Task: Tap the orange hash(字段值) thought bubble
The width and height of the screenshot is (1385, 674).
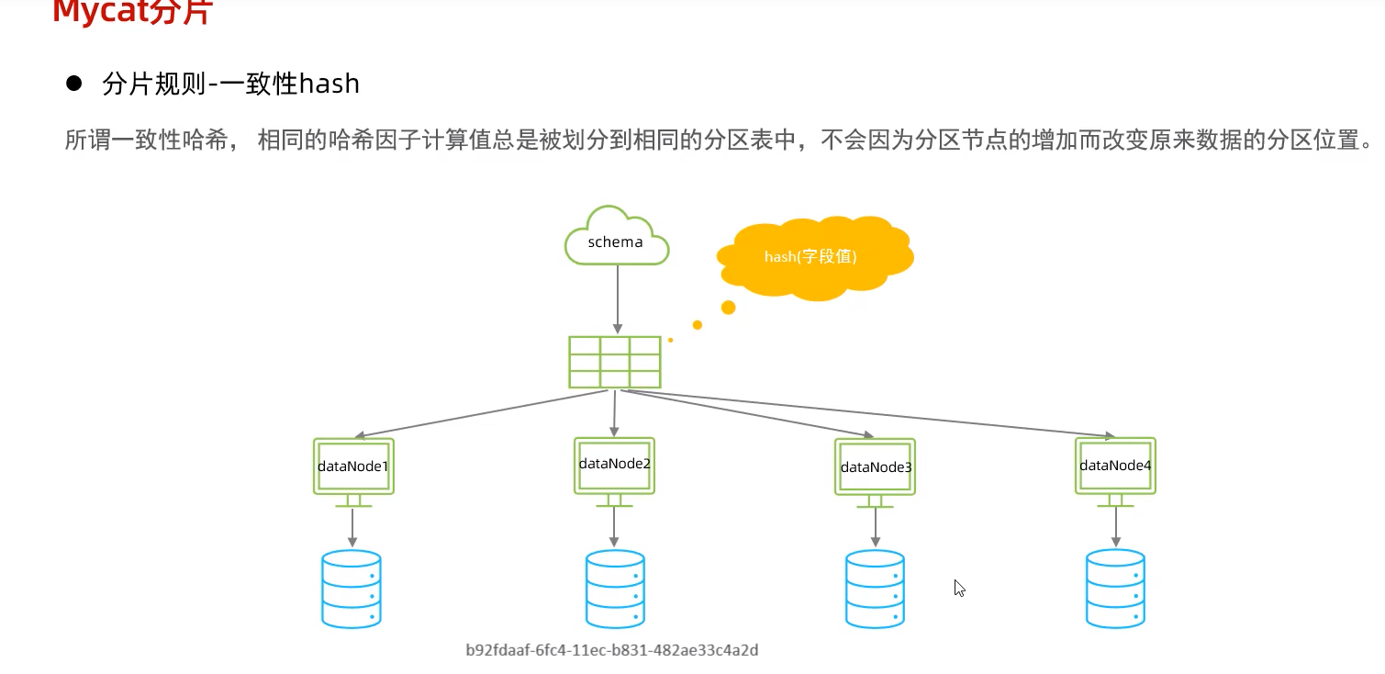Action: tap(813, 256)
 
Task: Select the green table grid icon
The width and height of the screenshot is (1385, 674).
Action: tap(615, 362)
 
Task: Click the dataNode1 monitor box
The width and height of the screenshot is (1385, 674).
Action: tap(353, 466)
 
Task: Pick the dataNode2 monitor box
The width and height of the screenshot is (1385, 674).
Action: tap(614, 464)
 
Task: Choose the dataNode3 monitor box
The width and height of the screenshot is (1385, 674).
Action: tap(876, 467)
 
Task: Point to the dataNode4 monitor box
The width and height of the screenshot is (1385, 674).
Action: tap(1115, 466)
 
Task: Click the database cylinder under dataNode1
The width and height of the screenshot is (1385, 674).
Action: tap(352, 589)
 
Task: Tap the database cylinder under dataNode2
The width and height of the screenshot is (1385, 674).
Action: tap(615, 589)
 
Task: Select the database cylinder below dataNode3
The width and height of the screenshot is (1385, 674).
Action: tap(875, 589)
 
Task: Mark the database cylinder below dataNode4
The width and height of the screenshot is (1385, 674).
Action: tap(1115, 589)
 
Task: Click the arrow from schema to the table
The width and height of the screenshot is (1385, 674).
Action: tap(617, 299)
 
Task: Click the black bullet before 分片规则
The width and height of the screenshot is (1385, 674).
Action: tap(74, 84)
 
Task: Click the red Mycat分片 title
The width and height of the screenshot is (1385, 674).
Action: tap(132, 13)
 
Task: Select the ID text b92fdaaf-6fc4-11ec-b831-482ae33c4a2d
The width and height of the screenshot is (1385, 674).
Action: tap(612, 650)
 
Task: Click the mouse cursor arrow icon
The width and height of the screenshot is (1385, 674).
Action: tap(959, 589)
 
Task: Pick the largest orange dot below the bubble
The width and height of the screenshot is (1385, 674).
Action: tap(729, 307)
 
